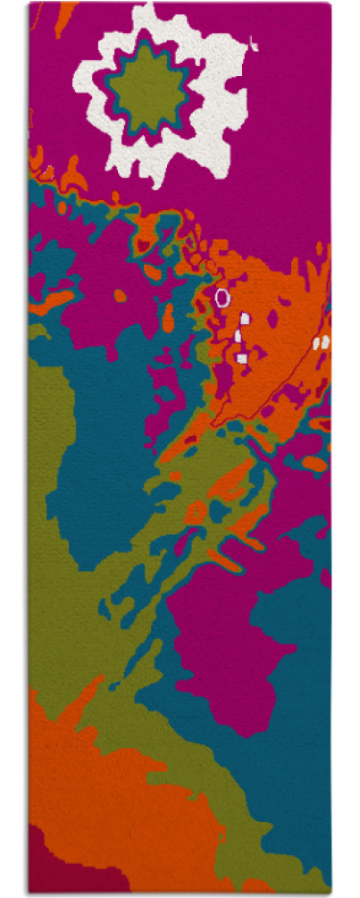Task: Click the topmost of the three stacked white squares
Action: [x=245, y=317]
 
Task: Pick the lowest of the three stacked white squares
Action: [x=242, y=358]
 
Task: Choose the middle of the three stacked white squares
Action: [x=239, y=336]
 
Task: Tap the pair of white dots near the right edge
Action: [x=322, y=342]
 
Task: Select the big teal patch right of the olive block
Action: [x=107, y=447]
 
